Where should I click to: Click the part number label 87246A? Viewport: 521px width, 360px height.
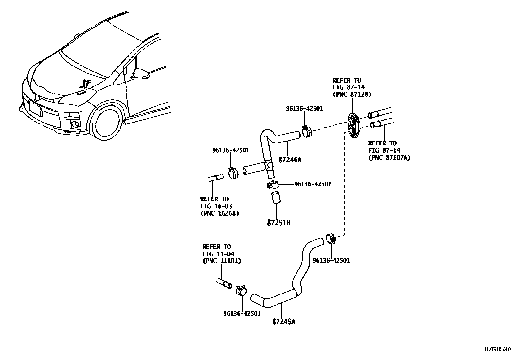(290, 160)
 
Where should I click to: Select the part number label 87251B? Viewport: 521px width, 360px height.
(279, 223)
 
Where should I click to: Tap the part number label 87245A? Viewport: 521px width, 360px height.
(283, 322)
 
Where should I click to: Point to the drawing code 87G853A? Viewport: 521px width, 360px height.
(498, 349)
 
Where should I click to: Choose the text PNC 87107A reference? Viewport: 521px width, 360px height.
(389, 158)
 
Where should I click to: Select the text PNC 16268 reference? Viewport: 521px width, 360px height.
(220, 213)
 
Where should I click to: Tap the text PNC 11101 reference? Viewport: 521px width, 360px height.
(222, 261)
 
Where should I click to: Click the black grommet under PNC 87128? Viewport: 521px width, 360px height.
(353, 126)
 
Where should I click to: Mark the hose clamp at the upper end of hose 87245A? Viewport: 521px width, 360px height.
(331, 238)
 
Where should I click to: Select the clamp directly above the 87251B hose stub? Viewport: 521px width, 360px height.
(272, 185)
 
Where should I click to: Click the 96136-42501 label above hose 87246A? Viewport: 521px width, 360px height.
(304, 108)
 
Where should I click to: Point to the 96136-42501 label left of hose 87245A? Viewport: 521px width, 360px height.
(242, 313)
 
